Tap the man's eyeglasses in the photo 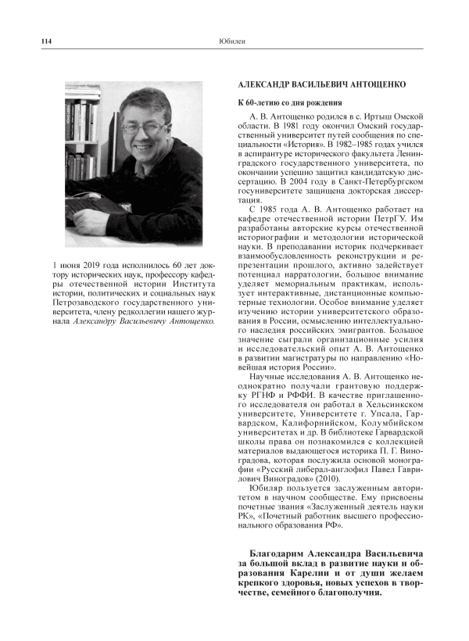(144, 126)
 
